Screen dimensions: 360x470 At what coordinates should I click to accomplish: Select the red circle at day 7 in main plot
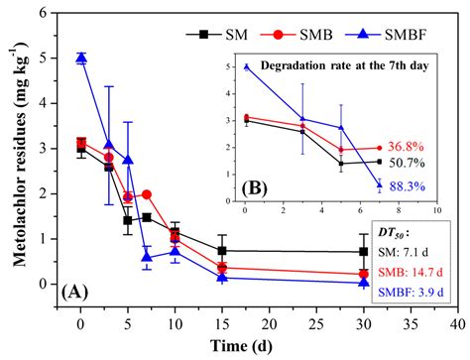point(147,194)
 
